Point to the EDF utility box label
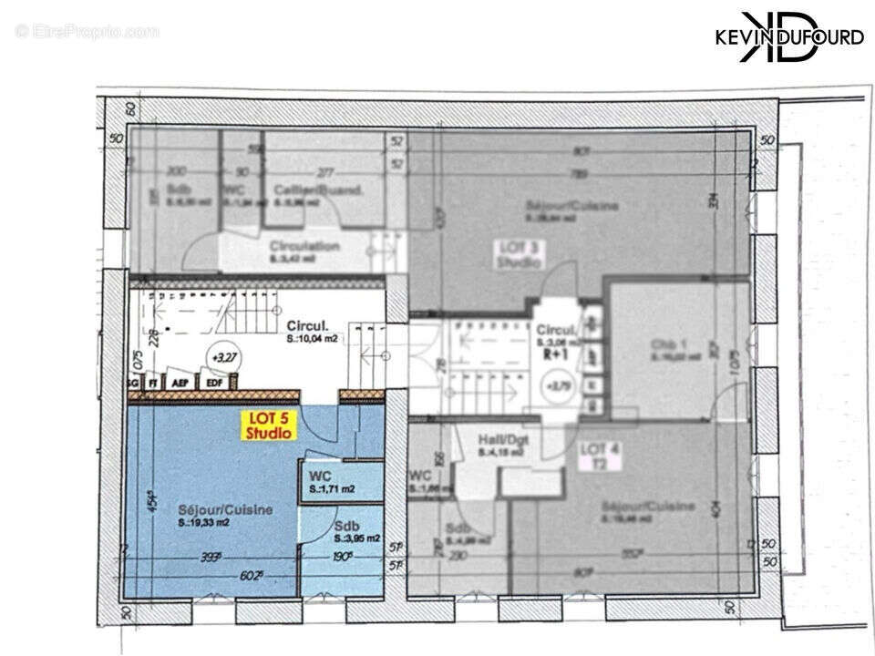214,384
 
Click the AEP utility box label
181,384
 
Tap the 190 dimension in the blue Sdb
344,558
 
